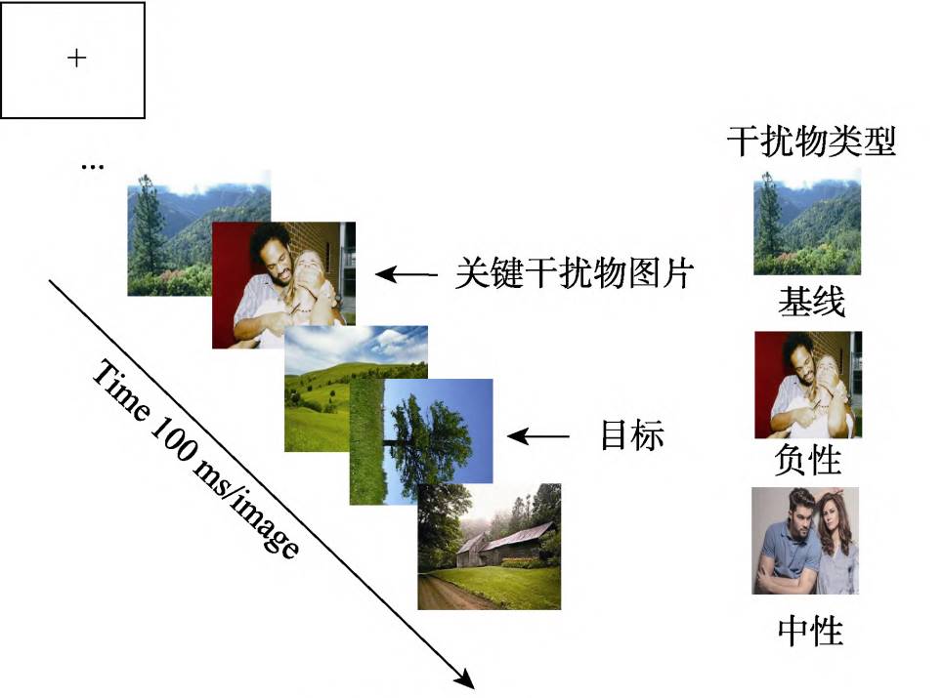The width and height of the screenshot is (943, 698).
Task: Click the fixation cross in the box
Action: click(x=76, y=59)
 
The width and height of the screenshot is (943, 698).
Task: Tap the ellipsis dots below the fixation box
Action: click(x=92, y=167)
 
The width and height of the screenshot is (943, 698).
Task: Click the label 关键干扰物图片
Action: click(x=574, y=273)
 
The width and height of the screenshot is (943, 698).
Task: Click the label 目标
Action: click(x=631, y=435)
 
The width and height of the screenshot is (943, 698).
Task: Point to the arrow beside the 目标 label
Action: click(x=536, y=436)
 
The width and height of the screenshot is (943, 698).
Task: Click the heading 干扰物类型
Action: click(x=811, y=144)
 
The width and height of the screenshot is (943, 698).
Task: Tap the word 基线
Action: click(x=811, y=302)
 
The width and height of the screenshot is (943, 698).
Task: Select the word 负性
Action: click(x=810, y=460)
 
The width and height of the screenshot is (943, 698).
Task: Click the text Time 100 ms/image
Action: click(x=195, y=459)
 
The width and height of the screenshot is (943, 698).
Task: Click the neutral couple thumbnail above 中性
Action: click(x=805, y=541)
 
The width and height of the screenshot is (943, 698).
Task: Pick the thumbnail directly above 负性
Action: click(x=807, y=385)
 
